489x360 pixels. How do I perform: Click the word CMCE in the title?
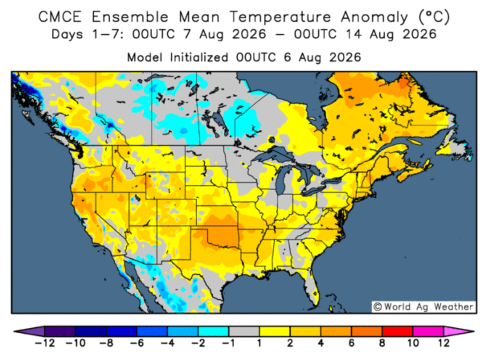coord(60,17)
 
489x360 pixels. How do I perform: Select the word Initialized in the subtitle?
coord(199,58)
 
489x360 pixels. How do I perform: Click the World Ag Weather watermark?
coord(424,306)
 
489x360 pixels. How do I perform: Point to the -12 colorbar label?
coord(44,343)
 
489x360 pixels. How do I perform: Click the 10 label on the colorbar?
coord(412,343)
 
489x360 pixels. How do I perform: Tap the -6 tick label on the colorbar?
coord(137,343)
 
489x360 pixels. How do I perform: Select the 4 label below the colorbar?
coord(321,343)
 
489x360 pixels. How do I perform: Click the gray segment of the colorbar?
coord(244,331)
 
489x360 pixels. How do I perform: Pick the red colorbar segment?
coord(397,331)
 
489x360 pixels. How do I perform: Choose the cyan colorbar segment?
coord(213,331)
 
